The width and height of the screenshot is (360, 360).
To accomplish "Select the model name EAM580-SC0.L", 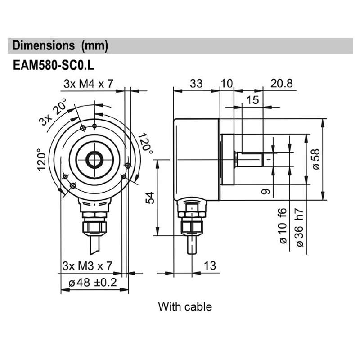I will tap(53, 65).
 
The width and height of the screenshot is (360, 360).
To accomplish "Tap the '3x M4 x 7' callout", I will tap(88, 84).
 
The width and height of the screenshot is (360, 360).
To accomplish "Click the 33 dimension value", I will tap(196, 84).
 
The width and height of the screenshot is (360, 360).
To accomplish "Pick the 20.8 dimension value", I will tap(281, 84).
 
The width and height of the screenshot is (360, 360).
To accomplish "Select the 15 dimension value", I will tap(253, 100).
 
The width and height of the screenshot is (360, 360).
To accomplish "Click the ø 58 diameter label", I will tap(316, 159).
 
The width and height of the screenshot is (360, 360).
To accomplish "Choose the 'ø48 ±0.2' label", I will tap(92, 283).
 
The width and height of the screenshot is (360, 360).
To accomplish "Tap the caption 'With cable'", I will tap(184, 307).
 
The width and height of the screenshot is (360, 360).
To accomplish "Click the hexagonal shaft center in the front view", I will tap(94, 159).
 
